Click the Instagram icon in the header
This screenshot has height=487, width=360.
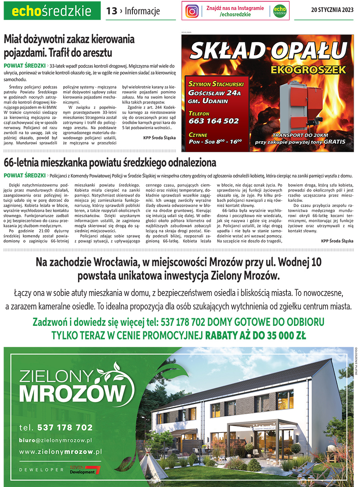pyautogui.click(x=192, y=11)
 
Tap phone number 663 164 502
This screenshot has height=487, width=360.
pyautogui.click(x=214, y=121)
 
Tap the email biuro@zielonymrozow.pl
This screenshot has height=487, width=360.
pyautogui.click(x=56, y=440)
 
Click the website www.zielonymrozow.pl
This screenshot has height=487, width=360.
pyautogui.click(x=60, y=452)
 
